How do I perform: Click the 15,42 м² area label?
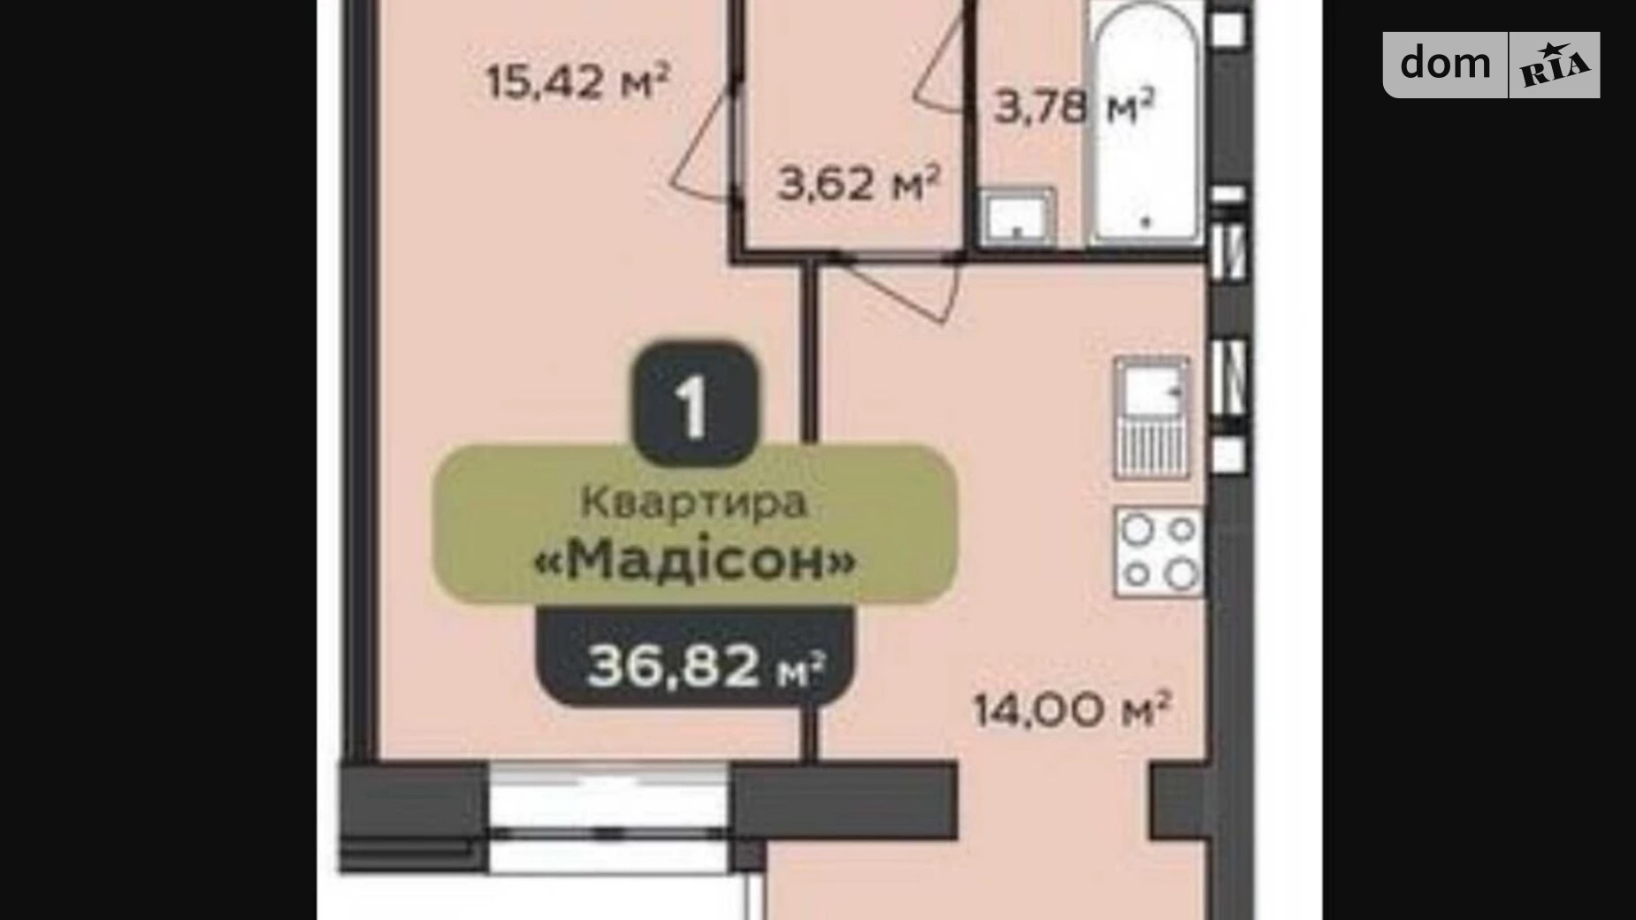pos(577,81)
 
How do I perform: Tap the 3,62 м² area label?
pos(859,184)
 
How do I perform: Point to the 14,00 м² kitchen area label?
pos(1073,709)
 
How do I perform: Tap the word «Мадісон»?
pos(695,559)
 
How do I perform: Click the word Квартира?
pos(694,503)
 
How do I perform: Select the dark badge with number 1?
pos(695,405)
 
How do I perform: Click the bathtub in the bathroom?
pos(1146,124)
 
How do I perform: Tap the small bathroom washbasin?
pos(1018,216)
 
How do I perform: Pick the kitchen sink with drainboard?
pos(1151,418)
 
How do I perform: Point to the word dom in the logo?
pos(1445,63)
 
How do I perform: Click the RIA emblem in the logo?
pos(1555,65)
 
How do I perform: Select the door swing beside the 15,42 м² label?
pos(704,142)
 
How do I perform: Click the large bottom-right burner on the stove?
pos(1181,575)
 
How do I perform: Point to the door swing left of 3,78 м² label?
pos(940,64)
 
